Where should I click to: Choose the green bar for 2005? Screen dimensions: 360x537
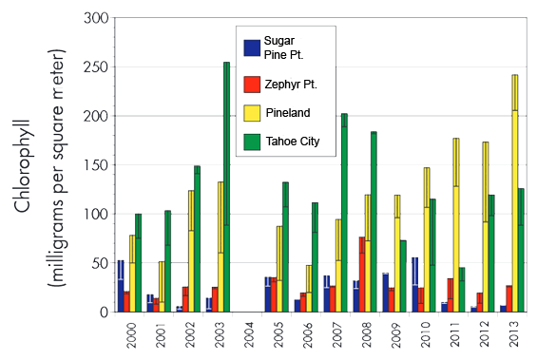coord(285,247)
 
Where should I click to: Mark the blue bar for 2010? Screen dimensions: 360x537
coord(414,284)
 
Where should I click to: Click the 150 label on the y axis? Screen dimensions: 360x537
coord(93,164)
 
